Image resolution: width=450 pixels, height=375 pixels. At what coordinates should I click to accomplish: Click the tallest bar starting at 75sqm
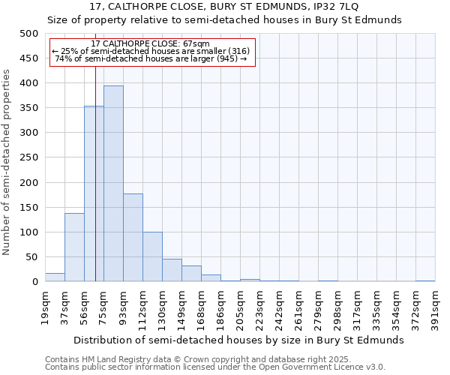113,184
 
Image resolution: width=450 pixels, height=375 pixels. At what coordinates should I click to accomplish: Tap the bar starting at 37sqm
74,247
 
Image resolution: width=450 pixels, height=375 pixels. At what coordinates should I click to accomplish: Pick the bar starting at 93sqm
133,238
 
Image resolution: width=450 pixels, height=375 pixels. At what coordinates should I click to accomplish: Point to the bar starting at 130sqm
172,270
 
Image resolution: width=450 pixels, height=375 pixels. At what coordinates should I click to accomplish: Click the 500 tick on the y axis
29,34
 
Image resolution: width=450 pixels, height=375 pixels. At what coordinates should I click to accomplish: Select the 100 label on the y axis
29,232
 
